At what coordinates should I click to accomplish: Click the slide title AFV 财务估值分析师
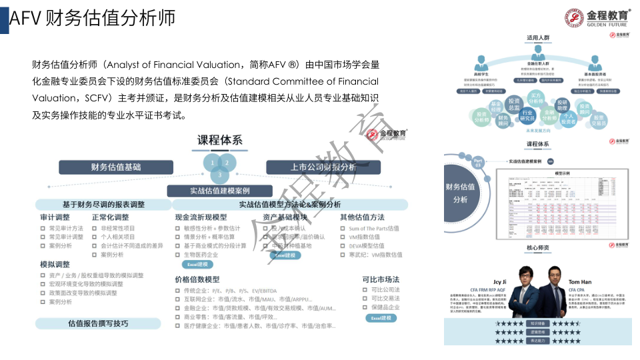93,19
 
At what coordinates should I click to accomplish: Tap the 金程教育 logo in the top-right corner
597,16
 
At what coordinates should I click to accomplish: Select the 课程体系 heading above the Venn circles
219,140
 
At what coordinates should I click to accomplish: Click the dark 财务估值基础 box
116,167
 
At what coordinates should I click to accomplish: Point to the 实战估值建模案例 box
220,191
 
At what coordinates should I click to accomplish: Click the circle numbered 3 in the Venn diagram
220,175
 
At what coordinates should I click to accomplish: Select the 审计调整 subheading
55,217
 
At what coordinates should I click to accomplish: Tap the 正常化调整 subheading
110,217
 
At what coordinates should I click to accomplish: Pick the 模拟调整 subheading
55,265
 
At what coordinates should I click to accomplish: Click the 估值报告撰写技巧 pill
98,323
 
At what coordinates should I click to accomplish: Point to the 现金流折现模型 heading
201,217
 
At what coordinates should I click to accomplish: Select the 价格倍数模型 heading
197,279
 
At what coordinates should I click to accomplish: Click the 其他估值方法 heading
362,217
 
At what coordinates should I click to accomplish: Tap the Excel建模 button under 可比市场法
381,319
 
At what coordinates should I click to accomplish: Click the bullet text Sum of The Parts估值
374,229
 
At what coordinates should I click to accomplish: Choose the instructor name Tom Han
579,282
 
